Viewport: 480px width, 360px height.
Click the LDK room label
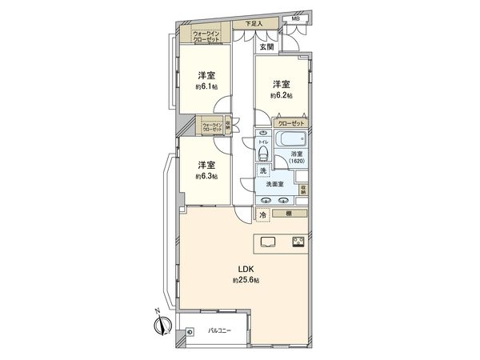(245, 270)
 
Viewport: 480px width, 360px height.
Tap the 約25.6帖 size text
(245, 281)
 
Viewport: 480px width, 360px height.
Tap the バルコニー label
(220, 330)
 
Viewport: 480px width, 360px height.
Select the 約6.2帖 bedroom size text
(281, 94)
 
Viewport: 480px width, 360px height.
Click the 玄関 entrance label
(266, 46)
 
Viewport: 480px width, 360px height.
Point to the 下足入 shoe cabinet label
(254, 24)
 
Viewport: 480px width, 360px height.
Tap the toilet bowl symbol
(262, 151)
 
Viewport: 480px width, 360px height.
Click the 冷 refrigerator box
(262, 215)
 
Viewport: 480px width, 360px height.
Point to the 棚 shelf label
(286, 214)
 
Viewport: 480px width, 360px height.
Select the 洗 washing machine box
(262, 170)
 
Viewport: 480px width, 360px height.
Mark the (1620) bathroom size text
(298, 161)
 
